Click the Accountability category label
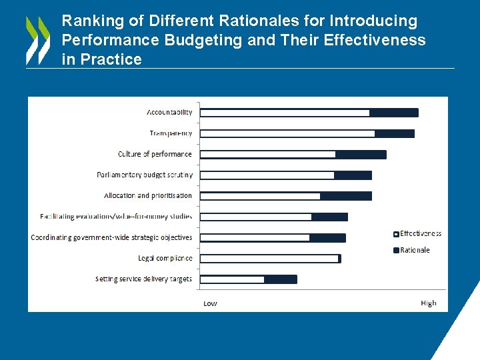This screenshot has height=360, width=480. (x=169, y=112)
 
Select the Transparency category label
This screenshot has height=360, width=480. (x=171, y=133)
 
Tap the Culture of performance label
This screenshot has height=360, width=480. (x=155, y=154)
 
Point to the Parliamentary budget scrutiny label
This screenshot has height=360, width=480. (x=145, y=175)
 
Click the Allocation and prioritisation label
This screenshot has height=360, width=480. (x=148, y=196)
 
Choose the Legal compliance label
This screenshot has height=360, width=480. (x=165, y=258)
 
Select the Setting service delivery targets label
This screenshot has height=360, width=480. (x=143, y=279)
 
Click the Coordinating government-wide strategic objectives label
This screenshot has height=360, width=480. (x=111, y=237)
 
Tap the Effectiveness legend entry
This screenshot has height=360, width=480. (x=420, y=233)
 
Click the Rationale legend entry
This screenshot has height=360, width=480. (x=415, y=250)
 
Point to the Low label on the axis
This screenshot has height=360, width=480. (x=210, y=303)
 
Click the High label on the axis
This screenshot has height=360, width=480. (x=429, y=303)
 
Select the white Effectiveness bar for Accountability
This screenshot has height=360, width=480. (x=285, y=113)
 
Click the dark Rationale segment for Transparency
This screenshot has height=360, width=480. (x=394, y=133)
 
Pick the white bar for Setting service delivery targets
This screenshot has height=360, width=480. (x=232, y=279)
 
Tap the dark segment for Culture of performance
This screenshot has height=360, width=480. (x=361, y=155)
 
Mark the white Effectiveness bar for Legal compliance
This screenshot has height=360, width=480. (x=269, y=259)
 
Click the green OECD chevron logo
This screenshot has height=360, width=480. (x=38, y=40)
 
